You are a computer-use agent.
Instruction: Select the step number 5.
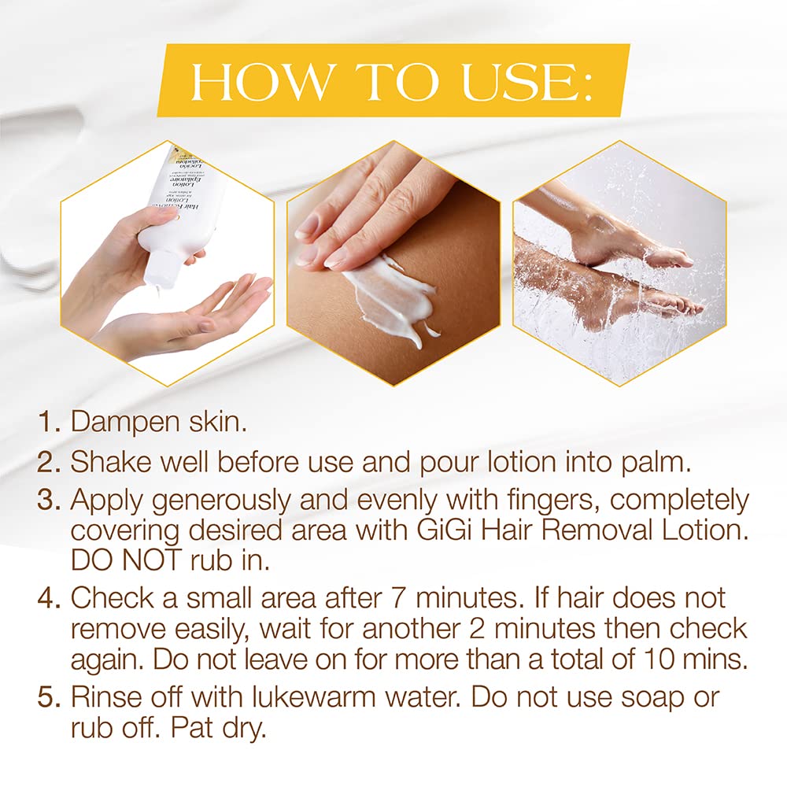50,697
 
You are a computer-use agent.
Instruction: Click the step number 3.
50,501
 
